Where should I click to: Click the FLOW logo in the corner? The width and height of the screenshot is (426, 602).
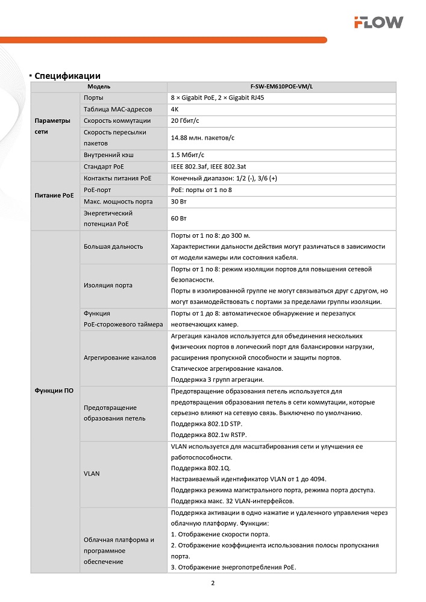tap(378, 22)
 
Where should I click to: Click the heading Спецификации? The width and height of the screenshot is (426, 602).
tap(67, 76)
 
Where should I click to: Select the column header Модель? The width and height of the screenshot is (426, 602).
tap(99, 87)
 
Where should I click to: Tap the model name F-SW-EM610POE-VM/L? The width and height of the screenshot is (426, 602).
tap(281, 87)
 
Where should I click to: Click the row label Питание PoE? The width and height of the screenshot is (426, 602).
tap(54, 196)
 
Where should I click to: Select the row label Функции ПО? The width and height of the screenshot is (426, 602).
tap(54, 390)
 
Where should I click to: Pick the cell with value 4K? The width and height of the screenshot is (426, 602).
tap(175, 110)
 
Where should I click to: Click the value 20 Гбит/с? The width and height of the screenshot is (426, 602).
tap(186, 120)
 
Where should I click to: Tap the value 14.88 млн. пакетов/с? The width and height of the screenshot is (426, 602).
tap(202, 138)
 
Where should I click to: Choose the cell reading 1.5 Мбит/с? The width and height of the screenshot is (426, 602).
tap(188, 155)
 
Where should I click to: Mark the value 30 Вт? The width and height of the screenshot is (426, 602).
tap(179, 200)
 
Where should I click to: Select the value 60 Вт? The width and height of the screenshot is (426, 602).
tap(179, 218)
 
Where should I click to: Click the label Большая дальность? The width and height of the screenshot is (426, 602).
tap(113, 246)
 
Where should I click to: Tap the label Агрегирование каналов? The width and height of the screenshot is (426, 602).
tap(119, 358)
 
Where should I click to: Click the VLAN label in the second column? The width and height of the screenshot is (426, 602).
tap(92, 473)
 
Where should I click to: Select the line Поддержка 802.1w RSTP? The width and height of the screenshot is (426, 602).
tap(209, 435)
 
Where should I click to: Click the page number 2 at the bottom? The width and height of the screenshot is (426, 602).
tap(213, 583)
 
